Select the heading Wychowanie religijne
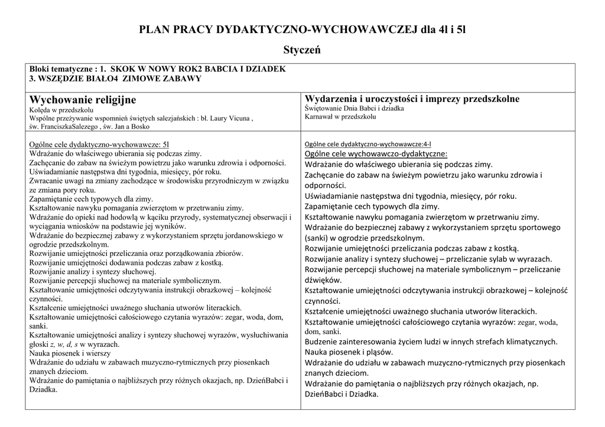[83, 99]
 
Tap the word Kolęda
[40, 110]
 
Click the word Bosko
[139, 126]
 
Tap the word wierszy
[90, 353]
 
